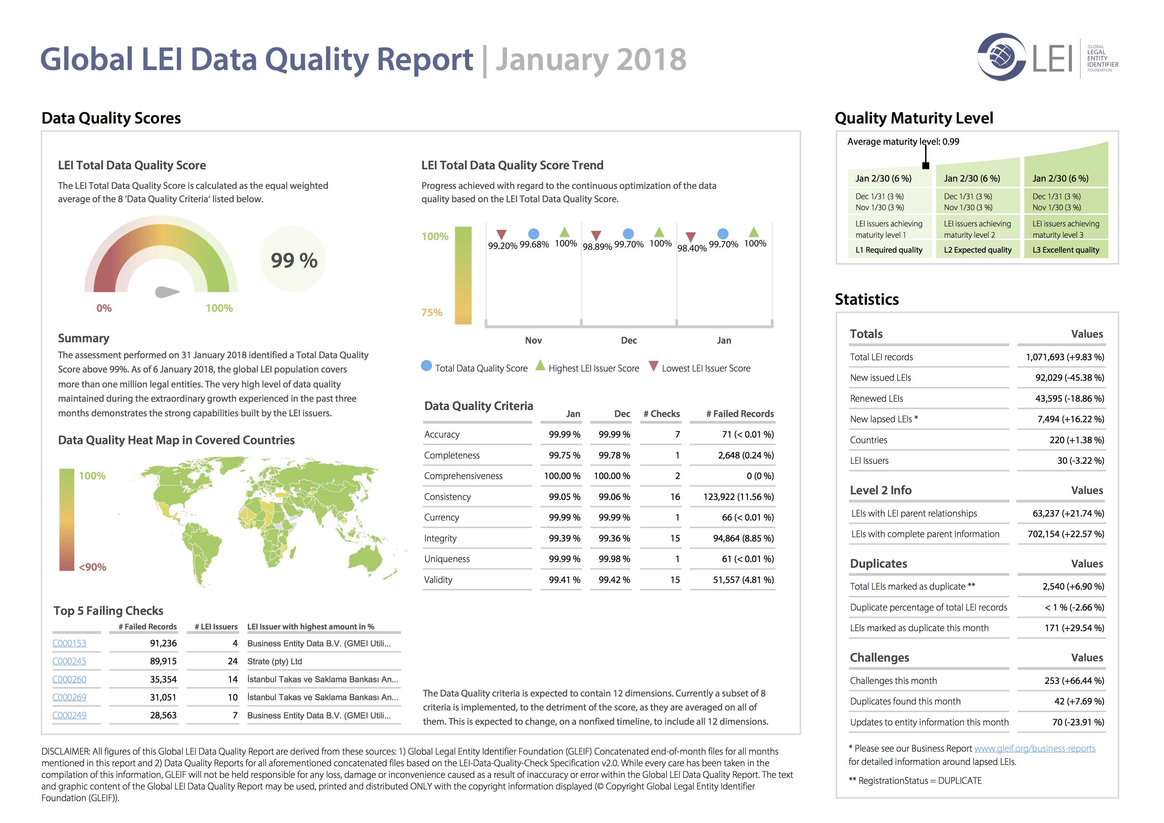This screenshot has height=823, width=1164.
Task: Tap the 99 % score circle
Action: pyautogui.click(x=294, y=260)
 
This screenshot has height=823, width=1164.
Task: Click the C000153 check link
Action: pyautogui.click(x=69, y=643)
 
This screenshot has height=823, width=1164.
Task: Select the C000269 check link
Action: pyautogui.click(x=69, y=697)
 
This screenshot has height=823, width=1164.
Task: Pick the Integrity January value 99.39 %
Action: pyautogui.click(x=564, y=538)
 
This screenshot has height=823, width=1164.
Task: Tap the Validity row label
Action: pyautogui.click(x=438, y=580)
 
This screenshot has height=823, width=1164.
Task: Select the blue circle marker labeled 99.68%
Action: pyautogui.click(x=533, y=233)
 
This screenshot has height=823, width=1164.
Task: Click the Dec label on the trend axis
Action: pyautogui.click(x=629, y=340)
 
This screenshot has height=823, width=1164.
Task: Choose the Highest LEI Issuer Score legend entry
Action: pyautogui.click(x=588, y=367)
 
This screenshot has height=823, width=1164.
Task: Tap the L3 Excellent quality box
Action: pyautogui.click(x=1066, y=249)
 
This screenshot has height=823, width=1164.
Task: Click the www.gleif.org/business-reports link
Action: pyautogui.click(x=1035, y=748)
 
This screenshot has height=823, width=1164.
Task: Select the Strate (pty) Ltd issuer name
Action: pyautogui.click(x=274, y=661)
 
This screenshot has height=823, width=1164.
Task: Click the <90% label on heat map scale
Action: pyautogui.click(x=92, y=567)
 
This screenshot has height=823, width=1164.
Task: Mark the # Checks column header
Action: pyautogui.click(x=662, y=414)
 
